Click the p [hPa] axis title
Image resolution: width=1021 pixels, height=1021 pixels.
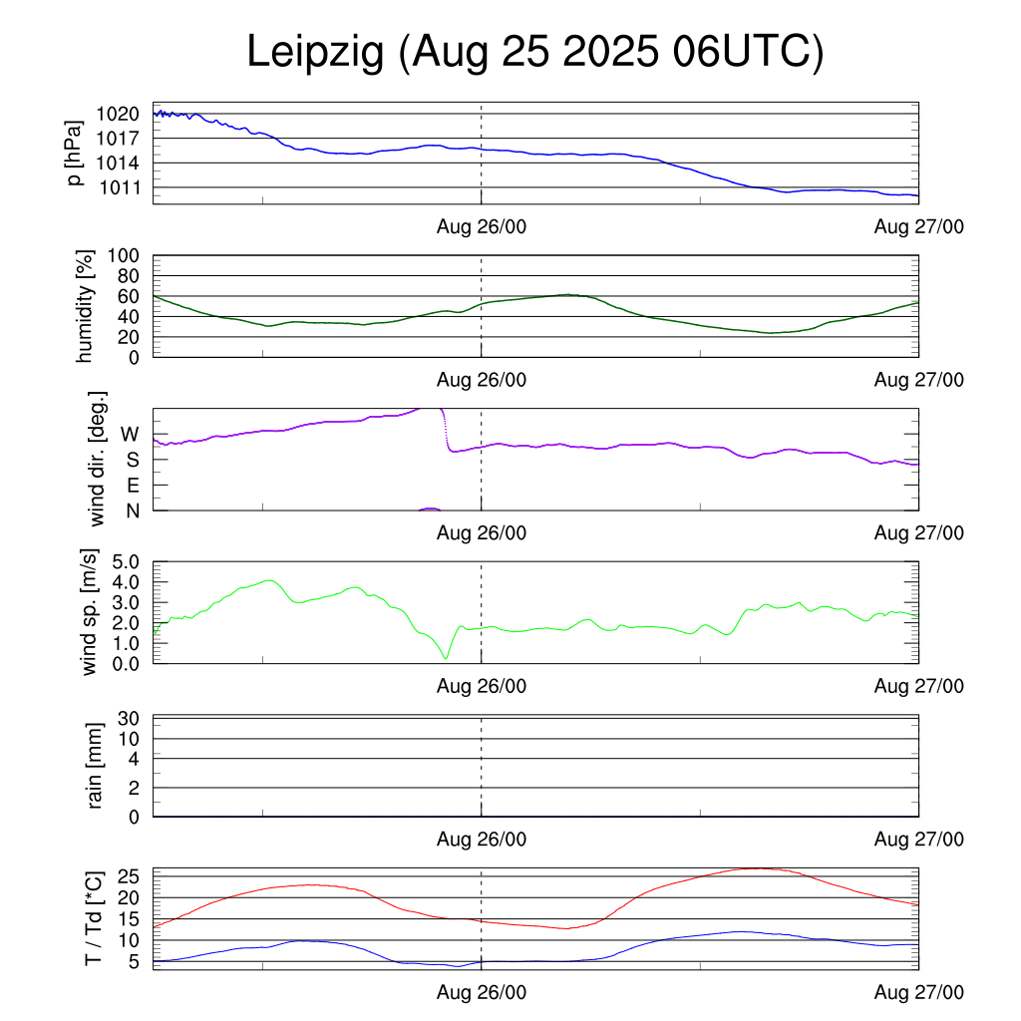(75, 154)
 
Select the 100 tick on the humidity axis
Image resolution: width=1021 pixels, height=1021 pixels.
(130, 255)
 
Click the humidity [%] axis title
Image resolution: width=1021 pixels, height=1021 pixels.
(85, 306)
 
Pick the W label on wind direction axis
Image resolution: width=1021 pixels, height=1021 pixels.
(130, 434)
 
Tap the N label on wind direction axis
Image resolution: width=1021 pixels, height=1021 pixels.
(132, 510)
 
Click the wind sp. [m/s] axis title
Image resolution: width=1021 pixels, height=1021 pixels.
(91, 612)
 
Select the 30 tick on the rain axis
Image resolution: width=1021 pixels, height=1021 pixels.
(130, 718)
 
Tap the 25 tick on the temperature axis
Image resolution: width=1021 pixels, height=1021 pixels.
(130, 876)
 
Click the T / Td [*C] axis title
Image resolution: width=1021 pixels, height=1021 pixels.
(93, 918)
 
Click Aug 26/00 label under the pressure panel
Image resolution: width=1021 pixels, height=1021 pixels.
(482, 227)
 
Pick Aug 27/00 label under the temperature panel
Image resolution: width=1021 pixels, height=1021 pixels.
(918, 992)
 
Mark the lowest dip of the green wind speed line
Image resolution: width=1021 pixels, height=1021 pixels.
(446, 658)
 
